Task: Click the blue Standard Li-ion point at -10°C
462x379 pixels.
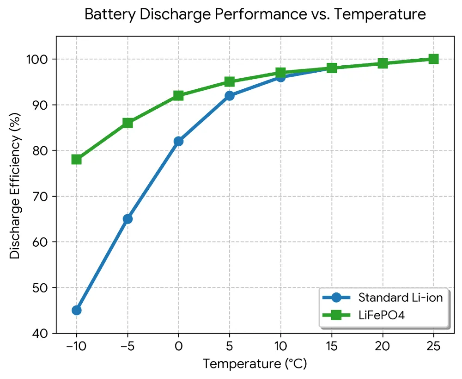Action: [77, 310]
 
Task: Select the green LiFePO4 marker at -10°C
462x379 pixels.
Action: [77, 160]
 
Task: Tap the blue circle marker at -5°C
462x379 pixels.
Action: [128, 219]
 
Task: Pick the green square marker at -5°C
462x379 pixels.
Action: [128, 123]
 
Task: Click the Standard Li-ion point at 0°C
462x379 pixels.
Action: [178, 141]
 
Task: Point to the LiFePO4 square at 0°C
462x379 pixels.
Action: [178, 96]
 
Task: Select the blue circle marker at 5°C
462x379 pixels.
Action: [230, 96]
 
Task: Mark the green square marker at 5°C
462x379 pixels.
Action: [230, 82]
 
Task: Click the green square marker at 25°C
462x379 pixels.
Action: [433, 59]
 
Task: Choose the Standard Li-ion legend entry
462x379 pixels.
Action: [400, 298]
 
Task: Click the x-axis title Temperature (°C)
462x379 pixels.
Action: [255, 364]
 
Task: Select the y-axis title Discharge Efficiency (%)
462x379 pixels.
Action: [15, 185]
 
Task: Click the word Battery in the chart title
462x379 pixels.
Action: [105, 15]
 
